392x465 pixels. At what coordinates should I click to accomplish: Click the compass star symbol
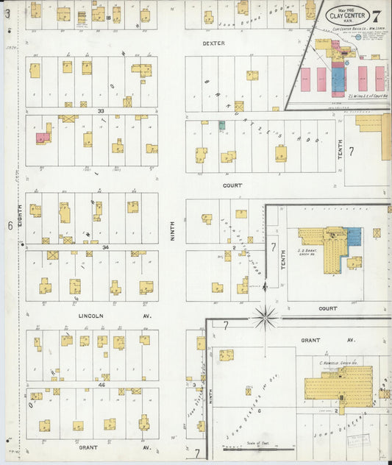tap(265, 318)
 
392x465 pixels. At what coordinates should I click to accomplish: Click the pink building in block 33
tap(43, 135)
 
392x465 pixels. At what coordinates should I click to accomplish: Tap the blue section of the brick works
tap(338, 78)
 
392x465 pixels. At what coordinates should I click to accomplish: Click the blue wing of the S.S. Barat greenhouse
tap(354, 236)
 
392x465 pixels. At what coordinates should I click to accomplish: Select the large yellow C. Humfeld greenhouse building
tap(339, 383)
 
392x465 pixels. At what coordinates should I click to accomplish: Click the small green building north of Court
tap(221, 125)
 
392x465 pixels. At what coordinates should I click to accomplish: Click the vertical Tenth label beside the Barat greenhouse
tap(283, 255)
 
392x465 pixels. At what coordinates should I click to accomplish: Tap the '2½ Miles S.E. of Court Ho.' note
tap(366, 95)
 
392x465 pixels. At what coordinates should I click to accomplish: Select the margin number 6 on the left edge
tap(9, 226)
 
